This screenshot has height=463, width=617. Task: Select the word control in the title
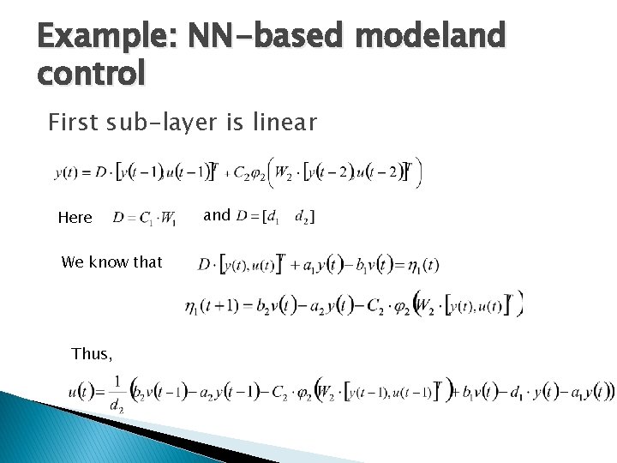92,74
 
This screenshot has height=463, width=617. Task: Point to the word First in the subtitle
72,123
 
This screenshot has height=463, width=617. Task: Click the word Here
75,218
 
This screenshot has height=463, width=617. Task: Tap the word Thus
91,353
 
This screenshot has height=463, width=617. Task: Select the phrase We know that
111,262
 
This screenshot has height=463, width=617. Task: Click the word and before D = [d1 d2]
216,215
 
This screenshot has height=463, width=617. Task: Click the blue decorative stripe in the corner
51,429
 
